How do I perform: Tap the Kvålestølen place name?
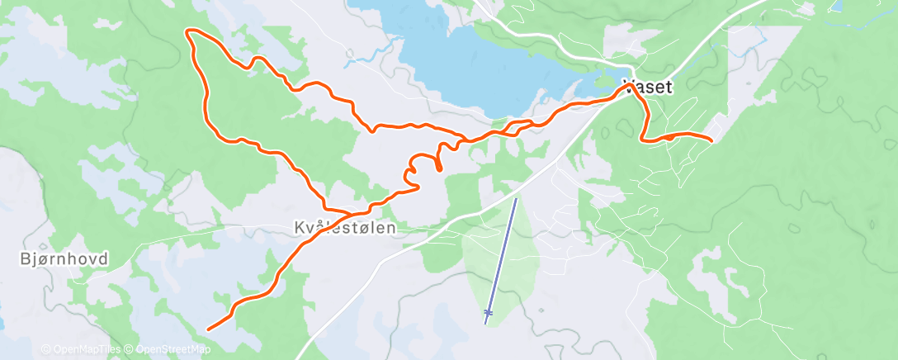point(350,227)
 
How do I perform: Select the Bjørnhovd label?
point(63,259)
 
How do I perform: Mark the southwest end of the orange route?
point(207,329)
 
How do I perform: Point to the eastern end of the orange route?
point(711,139)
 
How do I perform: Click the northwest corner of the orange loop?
point(190,32)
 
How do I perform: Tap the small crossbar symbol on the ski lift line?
point(489,312)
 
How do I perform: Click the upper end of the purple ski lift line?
point(517,199)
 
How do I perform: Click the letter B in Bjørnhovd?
point(23,259)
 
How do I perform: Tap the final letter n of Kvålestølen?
point(403,227)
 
